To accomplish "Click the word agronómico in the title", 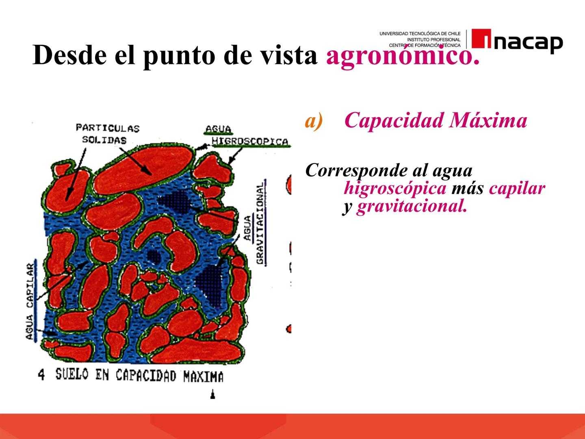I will coord(402,55).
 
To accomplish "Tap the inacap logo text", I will coord(528,42).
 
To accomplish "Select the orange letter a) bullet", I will coord(314,121).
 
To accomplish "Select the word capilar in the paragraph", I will coord(517,188).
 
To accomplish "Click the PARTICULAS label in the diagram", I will coord(108,128).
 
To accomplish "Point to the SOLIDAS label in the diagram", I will coord(104,140).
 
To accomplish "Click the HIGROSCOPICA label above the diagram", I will coord(250,141).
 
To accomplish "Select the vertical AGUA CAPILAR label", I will coord(30,301).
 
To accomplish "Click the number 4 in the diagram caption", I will coord(41,374).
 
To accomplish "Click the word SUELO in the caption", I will coord(71,374).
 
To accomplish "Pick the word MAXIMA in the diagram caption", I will coord(203,377).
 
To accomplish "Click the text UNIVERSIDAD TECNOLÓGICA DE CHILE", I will coord(420,33).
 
